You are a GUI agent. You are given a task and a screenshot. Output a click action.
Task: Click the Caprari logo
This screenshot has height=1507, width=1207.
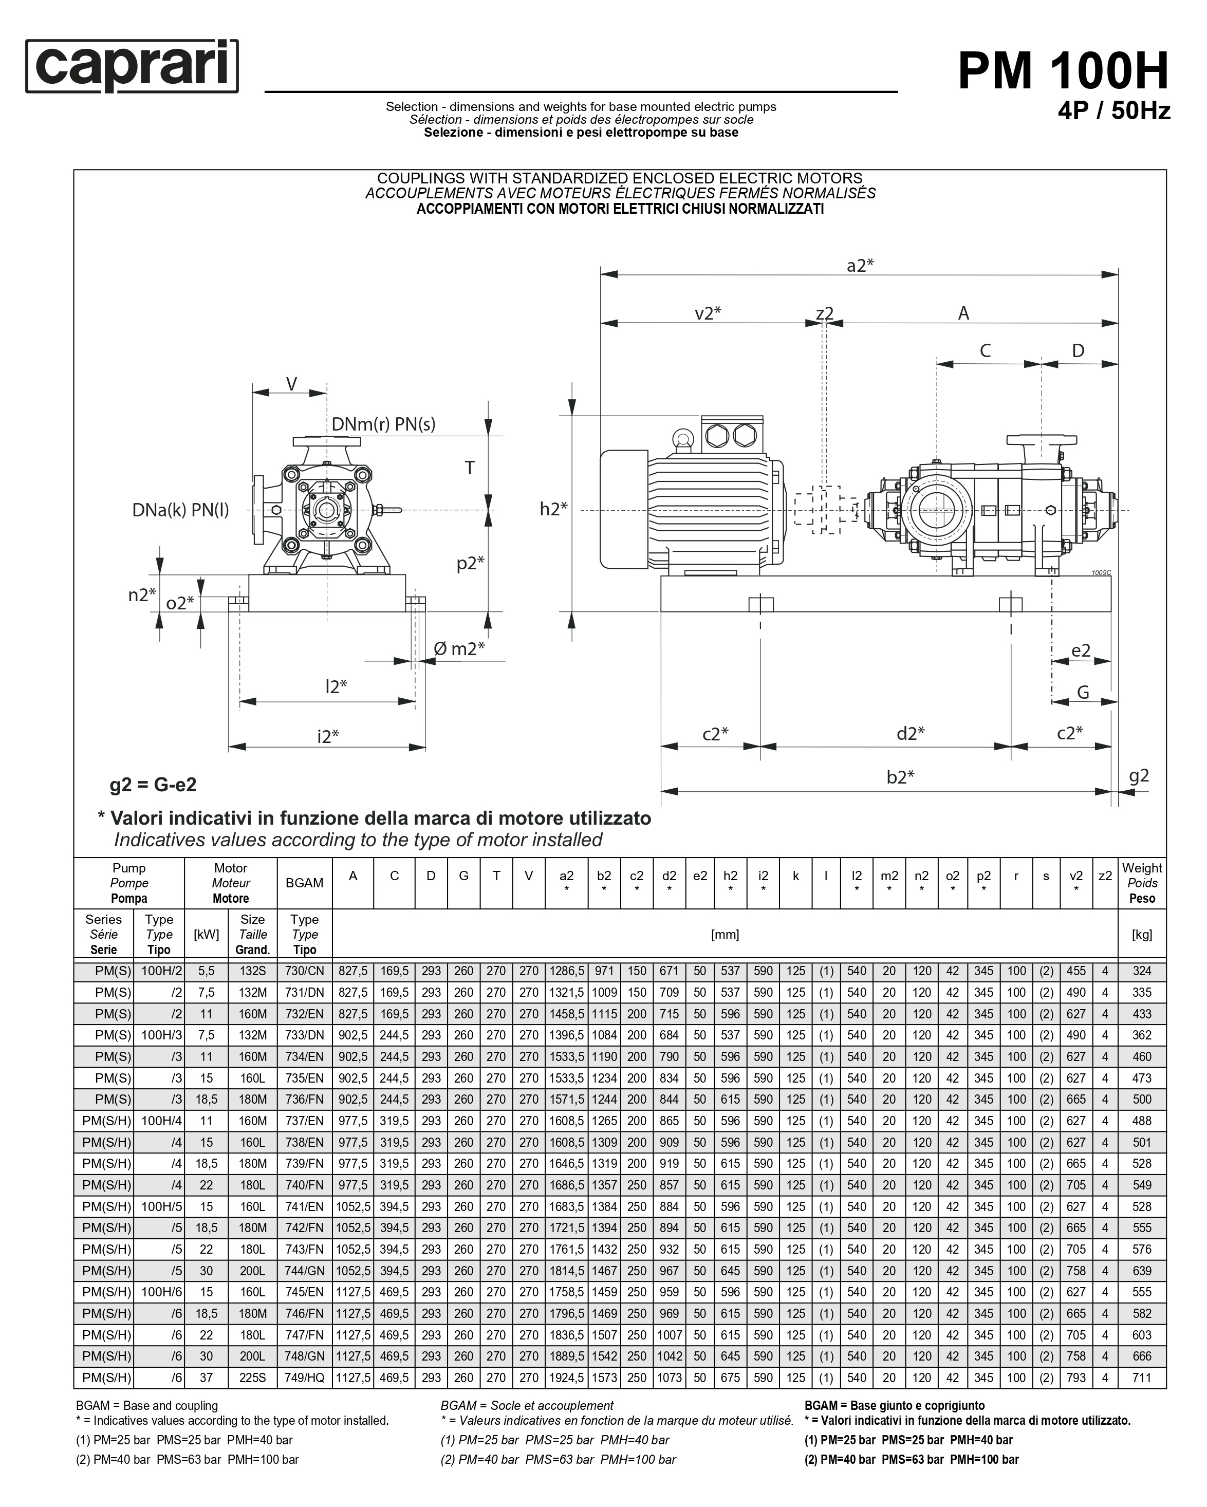(132, 66)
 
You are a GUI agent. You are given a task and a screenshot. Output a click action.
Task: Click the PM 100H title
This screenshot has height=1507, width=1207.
(1062, 71)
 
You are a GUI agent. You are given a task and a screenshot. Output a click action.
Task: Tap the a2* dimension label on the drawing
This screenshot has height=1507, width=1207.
(860, 266)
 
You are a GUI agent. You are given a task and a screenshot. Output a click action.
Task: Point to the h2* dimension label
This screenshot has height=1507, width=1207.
(553, 509)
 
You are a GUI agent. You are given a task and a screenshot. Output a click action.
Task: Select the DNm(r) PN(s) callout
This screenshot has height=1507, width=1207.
(383, 424)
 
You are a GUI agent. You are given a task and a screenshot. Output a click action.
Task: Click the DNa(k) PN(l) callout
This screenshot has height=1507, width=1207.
(180, 510)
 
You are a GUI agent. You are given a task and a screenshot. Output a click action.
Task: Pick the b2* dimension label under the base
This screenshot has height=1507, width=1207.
(900, 776)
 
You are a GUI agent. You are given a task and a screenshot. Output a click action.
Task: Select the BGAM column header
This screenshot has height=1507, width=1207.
(304, 883)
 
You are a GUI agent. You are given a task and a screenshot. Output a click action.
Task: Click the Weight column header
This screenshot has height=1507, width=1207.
(1141, 883)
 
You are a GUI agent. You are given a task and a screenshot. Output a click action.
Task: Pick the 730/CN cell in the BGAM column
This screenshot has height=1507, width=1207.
(304, 971)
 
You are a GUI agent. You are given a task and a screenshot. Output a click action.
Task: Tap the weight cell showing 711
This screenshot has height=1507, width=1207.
(1141, 1378)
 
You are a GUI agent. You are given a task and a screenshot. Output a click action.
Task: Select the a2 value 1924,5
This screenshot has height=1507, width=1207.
(566, 1378)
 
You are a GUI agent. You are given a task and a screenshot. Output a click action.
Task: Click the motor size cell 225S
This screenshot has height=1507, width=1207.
(252, 1378)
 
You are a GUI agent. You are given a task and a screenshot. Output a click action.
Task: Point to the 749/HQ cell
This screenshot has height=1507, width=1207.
(304, 1378)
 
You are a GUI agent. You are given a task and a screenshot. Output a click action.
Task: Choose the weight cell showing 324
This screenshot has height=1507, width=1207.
(1141, 971)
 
